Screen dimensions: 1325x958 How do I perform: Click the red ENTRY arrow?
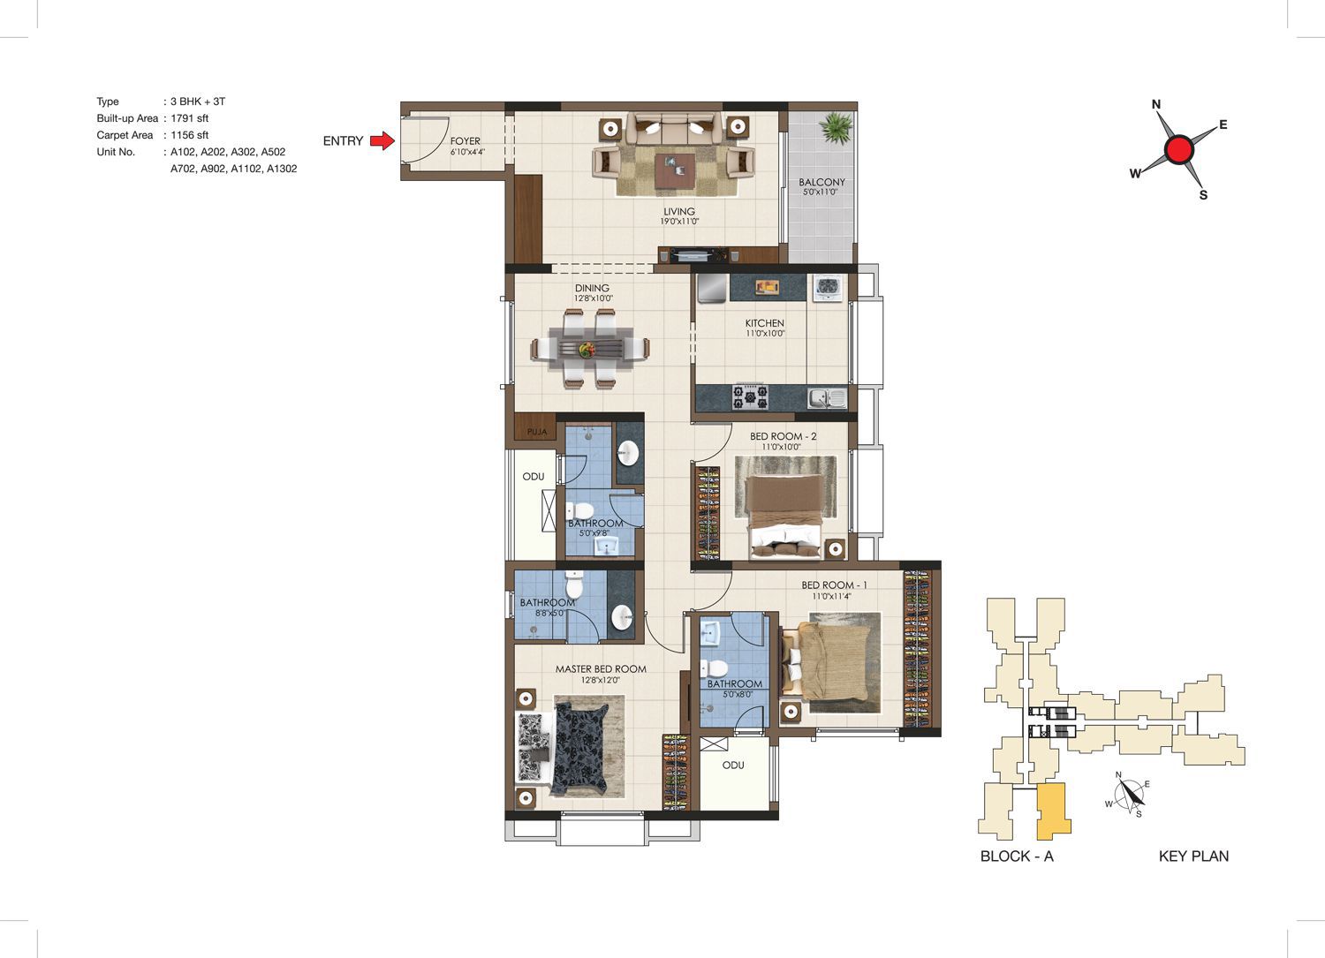pyautogui.click(x=382, y=140)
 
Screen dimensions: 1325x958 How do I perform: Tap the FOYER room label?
pyautogui.click(x=465, y=140)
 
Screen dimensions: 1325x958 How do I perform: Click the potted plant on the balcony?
pyautogui.click(x=836, y=127)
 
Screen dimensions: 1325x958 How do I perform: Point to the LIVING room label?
pyautogui.click(x=679, y=211)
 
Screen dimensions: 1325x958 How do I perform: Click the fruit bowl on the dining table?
pyautogui.click(x=587, y=350)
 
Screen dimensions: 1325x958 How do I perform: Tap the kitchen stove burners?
pyautogui.click(x=751, y=396)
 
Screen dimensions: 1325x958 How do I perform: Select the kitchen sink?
pyautogui.click(x=827, y=398)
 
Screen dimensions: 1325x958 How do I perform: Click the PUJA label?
pyautogui.click(x=537, y=432)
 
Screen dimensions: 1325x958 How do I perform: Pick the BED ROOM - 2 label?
pyautogui.click(x=784, y=436)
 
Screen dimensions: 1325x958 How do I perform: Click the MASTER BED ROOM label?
pyautogui.click(x=601, y=668)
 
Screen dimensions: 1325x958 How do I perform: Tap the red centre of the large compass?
pyautogui.click(x=1179, y=149)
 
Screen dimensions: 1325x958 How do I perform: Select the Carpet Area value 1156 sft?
pyautogui.click(x=189, y=135)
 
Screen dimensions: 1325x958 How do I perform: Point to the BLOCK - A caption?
pyautogui.click(x=1017, y=856)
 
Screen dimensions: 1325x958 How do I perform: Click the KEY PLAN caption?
pyautogui.click(x=1193, y=856)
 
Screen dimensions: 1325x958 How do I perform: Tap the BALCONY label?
pyautogui.click(x=821, y=182)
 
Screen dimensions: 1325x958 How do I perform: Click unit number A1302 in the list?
pyautogui.click(x=282, y=169)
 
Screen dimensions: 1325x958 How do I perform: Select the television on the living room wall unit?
pyautogui.click(x=696, y=255)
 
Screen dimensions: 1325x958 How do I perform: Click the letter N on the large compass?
pyautogui.click(x=1156, y=104)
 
